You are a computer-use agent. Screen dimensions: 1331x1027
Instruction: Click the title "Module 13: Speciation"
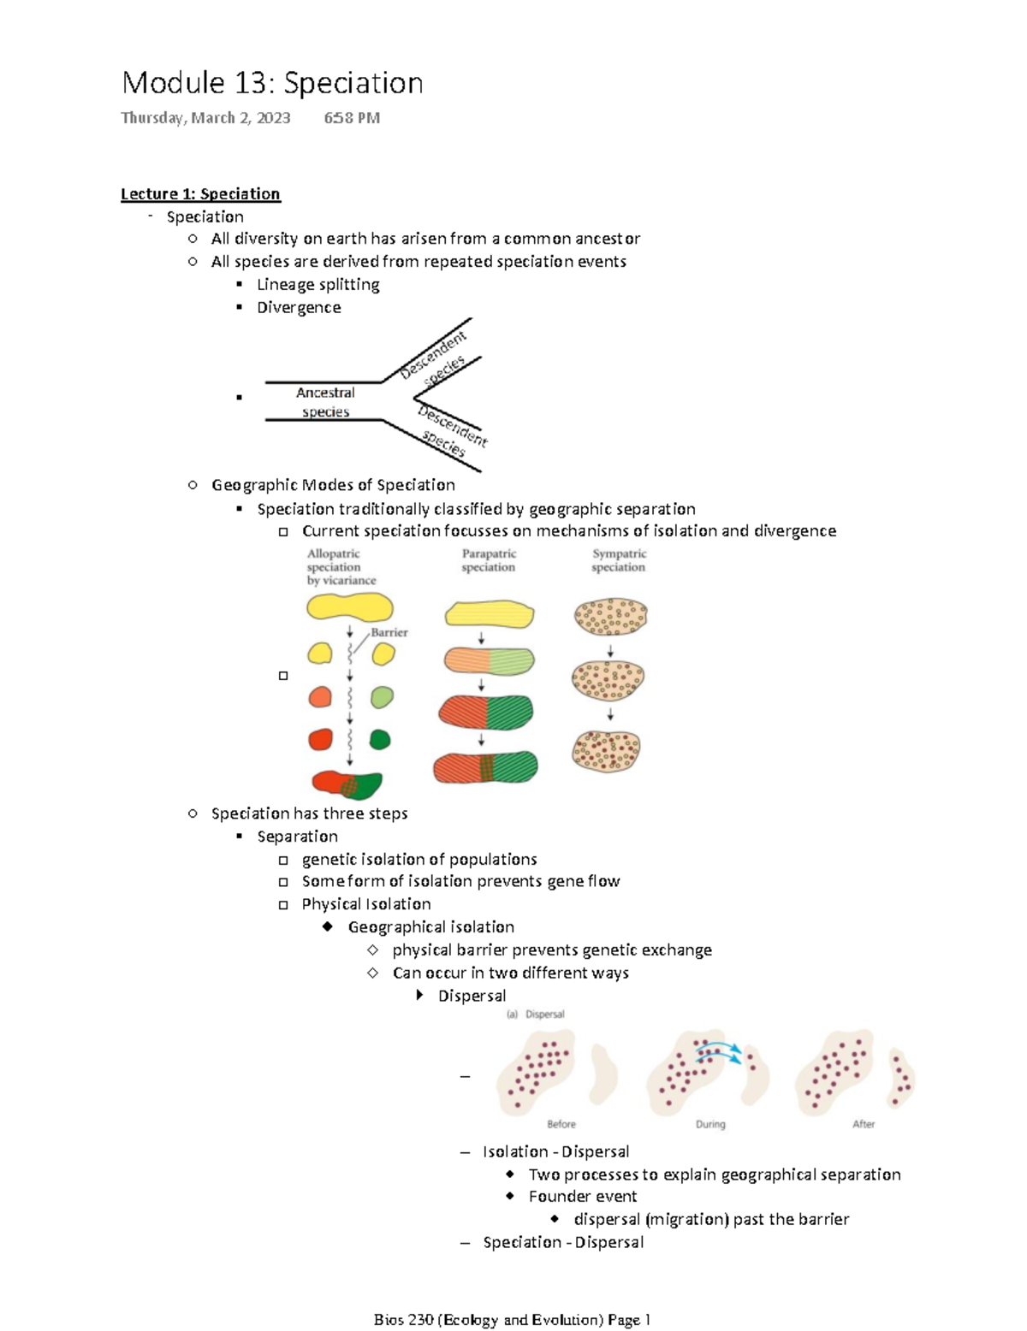[x=272, y=83]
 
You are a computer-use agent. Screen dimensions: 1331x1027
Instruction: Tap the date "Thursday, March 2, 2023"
[x=205, y=118]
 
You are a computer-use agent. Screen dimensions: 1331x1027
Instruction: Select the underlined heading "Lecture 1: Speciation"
[x=200, y=194]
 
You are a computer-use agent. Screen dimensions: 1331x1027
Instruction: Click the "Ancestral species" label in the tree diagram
[x=325, y=402]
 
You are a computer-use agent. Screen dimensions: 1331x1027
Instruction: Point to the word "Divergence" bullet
[x=299, y=307]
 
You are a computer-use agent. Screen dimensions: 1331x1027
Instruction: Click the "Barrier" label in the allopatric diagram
[x=389, y=633]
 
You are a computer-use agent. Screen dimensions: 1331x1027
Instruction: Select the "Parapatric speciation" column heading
[x=489, y=560]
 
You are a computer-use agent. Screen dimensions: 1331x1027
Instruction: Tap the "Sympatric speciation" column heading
[x=619, y=560]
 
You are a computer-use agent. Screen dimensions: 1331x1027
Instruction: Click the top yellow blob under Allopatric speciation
[x=349, y=608]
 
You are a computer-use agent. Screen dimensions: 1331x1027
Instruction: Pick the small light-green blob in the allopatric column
[x=382, y=697]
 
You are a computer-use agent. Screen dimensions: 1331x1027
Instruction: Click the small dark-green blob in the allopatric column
[x=379, y=739]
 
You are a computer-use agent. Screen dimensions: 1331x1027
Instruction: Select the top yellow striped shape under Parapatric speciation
[x=490, y=614]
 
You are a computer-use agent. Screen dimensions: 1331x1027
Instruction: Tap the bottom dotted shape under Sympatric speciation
[x=606, y=751]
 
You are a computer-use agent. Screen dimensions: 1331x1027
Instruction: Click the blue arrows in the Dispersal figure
[x=718, y=1053]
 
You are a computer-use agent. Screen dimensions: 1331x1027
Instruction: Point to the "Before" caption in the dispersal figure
[x=561, y=1124]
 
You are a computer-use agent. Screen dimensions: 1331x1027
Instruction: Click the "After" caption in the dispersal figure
[x=864, y=1124]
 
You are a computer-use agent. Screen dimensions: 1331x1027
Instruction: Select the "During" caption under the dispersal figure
[x=710, y=1124]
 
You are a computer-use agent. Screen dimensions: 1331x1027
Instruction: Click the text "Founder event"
[x=583, y=1197]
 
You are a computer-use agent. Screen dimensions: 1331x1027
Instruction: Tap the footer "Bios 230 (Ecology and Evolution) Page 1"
[x=513, y=1320]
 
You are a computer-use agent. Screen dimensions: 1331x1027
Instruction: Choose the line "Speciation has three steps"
[x=309, y=813]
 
